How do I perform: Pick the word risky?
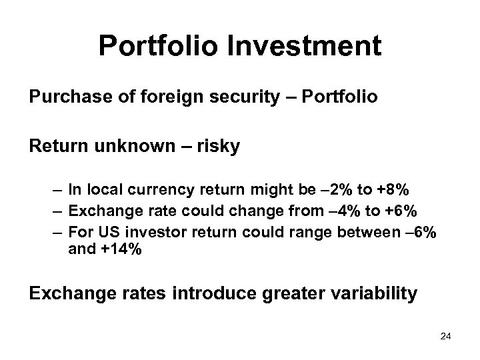[x=217, y=145]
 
